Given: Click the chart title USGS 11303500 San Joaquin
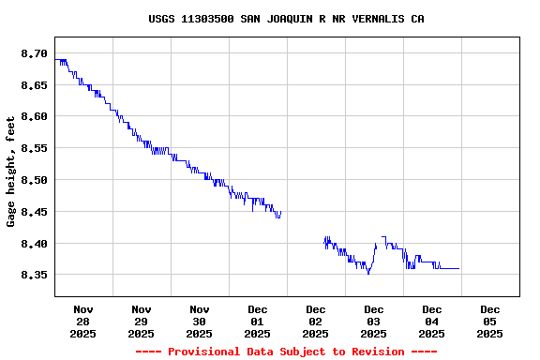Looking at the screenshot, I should coord(286,19).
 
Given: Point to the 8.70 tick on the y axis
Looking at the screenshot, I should coord(34,53).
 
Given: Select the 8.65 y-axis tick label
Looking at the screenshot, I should coord(34,85).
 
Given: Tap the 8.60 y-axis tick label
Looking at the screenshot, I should coord(34,116).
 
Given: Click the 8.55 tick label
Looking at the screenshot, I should coord(34,148).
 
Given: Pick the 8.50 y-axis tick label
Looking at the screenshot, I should coord(34,180).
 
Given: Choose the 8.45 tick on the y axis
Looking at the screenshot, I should coord(34,212).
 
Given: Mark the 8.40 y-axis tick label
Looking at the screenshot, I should coord(34,244).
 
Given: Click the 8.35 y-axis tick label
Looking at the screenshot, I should coord(34,275).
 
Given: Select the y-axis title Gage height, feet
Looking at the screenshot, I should coord(11,172).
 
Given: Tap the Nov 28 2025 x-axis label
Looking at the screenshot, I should coord(83,321).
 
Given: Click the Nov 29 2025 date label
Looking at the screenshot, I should coord(142,321).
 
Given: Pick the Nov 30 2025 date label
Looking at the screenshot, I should coord(200,321).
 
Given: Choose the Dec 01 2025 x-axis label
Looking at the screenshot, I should coord(258,321).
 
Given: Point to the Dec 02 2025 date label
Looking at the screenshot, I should coord(316,321).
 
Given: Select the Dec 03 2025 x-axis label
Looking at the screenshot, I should coord(374,321).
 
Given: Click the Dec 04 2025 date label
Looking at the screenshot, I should coord(432,321).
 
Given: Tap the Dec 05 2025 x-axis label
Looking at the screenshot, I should coord(490,321).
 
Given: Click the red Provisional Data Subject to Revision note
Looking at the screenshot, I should coord(286,352).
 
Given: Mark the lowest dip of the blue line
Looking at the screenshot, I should coord(368,274).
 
